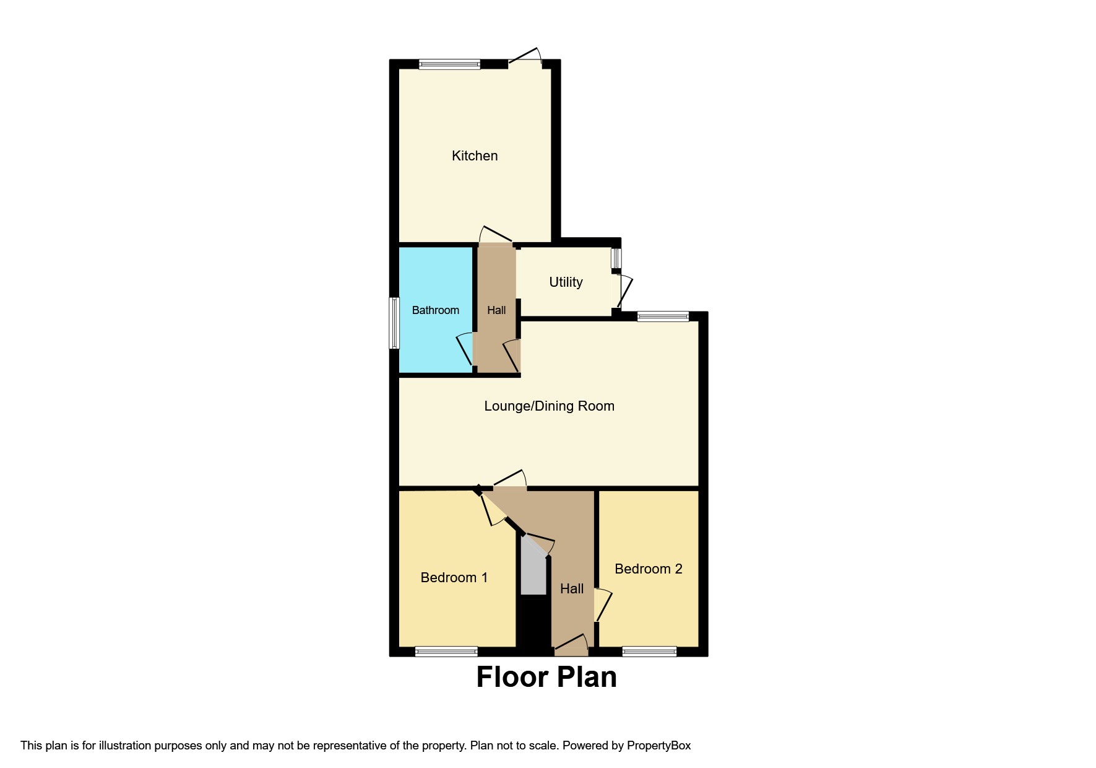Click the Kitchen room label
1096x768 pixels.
point(475,156)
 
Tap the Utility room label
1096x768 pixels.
point(566,282)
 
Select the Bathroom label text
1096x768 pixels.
point(436,310)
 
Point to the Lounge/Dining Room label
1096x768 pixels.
point(549,406)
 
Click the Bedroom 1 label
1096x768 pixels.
point(454,578)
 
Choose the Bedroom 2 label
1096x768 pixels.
point(648,569)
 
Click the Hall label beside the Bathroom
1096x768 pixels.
point(496,310)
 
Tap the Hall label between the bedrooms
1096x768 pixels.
point(571,589)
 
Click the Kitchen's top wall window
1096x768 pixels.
point(449,64)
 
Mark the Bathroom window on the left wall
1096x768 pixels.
point(394,323)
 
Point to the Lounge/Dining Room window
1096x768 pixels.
point(663,316)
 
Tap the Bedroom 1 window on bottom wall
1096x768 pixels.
point(446,652)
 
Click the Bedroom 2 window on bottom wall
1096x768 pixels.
point(649,652)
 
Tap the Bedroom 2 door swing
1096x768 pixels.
point(603,606)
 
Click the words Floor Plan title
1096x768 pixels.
point(546,678)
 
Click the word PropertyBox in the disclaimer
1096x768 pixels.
point(658,746)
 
